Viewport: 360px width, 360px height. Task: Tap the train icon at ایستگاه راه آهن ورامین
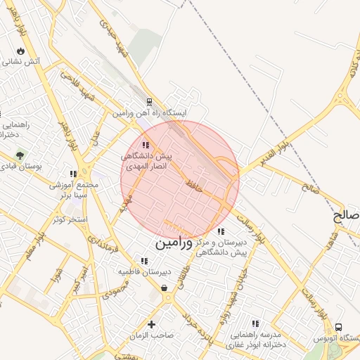tap(149, 102)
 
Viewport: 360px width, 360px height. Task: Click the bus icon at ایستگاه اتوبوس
tap(340, 328)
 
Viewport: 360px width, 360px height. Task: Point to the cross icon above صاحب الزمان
tap(151, 324)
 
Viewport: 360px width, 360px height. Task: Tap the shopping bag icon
tap(164, 288)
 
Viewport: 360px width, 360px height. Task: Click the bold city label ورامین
tap(172, 244)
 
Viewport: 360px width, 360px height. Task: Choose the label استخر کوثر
tap(68, 219)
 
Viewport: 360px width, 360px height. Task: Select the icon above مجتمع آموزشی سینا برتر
tap(73, 174)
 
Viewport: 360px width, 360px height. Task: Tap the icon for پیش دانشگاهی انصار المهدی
tap(146, 145)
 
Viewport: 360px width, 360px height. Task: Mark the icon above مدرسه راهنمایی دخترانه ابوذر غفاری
tap(255, 324)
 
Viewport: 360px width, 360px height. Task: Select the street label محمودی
tap(115, 288)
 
